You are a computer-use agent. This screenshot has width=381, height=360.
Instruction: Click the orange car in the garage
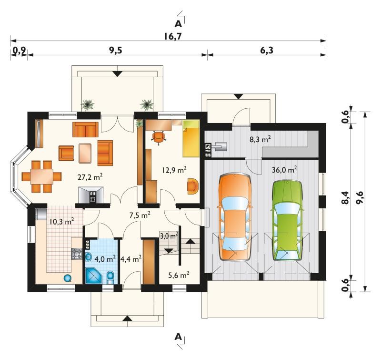click(x=235, y=217)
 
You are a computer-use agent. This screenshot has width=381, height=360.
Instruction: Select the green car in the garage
click(x=288, y=220)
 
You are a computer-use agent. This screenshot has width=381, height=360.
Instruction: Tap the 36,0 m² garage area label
click(x=284, y=170)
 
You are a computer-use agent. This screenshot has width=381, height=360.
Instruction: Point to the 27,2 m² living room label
click(x=90, y=177)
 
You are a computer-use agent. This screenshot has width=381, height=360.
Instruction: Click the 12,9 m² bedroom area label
click(x=174, y=170)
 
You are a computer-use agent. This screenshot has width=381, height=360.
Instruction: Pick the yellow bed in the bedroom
click(x=191, y=139)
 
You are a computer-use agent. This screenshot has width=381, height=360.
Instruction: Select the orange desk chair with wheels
click(x=158, y=137)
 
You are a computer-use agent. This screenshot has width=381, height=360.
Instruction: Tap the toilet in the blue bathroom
click(x=110, y=278)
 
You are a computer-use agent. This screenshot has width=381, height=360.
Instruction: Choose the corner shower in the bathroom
click(x=93, y=276)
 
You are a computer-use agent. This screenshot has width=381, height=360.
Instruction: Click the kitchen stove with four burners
click(x=76, y=254)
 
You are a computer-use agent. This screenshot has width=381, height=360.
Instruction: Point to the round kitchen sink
click(x=68, y=278)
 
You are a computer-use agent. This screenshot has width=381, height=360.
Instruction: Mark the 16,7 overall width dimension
click(x=172, y=37)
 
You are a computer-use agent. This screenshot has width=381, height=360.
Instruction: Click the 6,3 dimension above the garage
click(x=267, y=51)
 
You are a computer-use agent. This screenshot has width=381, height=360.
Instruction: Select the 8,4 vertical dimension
click(x=345, y=197)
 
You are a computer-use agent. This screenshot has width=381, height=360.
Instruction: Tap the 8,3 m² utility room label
click(x=260, y=140)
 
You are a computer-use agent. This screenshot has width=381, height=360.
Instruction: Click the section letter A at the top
click(x=178, y=24)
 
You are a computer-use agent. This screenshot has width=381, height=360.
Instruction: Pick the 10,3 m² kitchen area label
click(x=62, y=222)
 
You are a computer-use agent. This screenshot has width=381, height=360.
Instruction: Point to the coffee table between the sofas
click(x=85, y=153)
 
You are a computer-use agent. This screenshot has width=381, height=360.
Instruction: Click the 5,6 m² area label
click(x=179, y=275)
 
